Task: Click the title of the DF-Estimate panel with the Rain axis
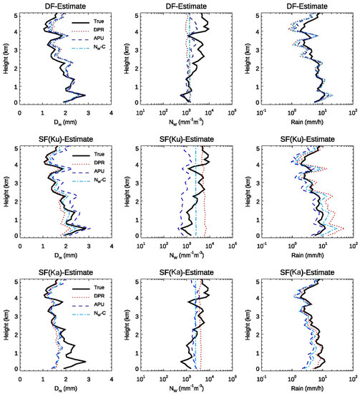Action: click(x=308, y=6)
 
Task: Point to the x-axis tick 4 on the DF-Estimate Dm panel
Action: click(x=111, y=112)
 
